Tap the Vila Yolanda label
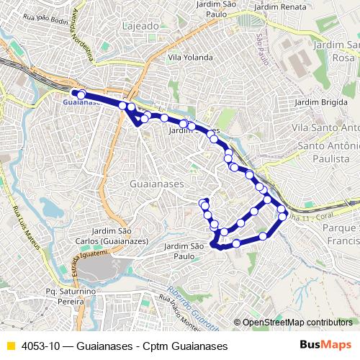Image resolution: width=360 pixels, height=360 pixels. click(x=190, y=57)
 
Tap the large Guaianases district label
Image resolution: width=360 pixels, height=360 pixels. click(x=156, y=184)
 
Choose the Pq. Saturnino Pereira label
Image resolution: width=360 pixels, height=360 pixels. click(x=70, y=296)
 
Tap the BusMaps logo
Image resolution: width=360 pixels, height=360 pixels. click(x=325, y=345)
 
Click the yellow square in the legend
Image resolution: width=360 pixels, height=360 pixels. click(x=10, y=346)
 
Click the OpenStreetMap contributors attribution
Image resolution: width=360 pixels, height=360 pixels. click(x=297, y=322)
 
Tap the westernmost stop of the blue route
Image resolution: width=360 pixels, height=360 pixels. click(x=81, y=94)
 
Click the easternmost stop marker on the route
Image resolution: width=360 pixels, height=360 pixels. click(x=282, y=213)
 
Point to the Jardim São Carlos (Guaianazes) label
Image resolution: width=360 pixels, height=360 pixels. click(x=125, y=235)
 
